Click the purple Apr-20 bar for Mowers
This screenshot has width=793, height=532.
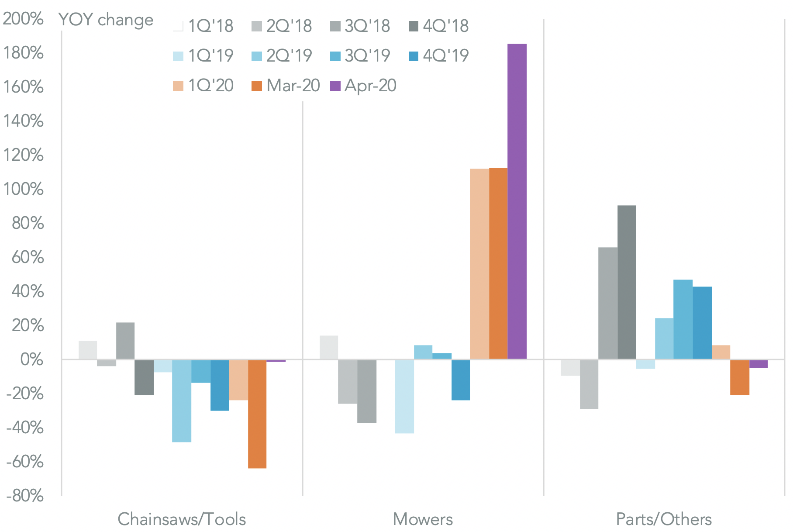coord(517,201)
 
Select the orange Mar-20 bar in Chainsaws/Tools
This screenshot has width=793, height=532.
coord(257,414)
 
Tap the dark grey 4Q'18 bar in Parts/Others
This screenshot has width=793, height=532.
coord(627,282)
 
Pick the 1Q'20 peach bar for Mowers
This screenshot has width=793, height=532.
coord(479,264)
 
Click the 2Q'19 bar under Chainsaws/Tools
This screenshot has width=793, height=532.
coord(182,401)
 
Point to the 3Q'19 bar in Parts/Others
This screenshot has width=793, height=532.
coord(683,319)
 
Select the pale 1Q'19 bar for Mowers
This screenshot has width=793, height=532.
coord(404,396)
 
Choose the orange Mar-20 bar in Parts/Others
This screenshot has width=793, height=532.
coord(740,377)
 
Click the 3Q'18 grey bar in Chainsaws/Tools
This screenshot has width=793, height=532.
coord(125,341)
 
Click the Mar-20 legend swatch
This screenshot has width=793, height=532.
coord(257,86)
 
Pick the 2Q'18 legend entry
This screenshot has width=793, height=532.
coord(282,26)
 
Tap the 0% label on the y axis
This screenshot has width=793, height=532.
coord(32,359)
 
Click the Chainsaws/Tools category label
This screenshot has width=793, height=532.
coord(182,519)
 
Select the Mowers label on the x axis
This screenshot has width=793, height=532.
coord(423,519)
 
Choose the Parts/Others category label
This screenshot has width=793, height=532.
coord(664,519)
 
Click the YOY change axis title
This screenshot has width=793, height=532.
coord(106,20)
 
